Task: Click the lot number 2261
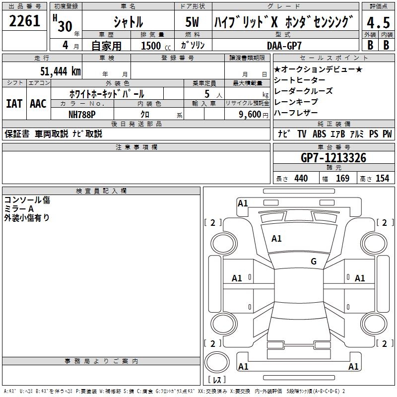coord(24,21)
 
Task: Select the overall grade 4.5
coord(378,22)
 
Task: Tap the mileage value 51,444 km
coord(61,71)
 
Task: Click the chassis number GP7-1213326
coord(333,158)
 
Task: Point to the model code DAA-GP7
coord(284,46)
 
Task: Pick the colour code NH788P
coord(82,115)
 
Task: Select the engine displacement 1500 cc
coord(156,46)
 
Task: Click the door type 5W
coord(193,22)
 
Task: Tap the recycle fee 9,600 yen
coord(254,115)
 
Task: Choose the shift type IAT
coord(14,104)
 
